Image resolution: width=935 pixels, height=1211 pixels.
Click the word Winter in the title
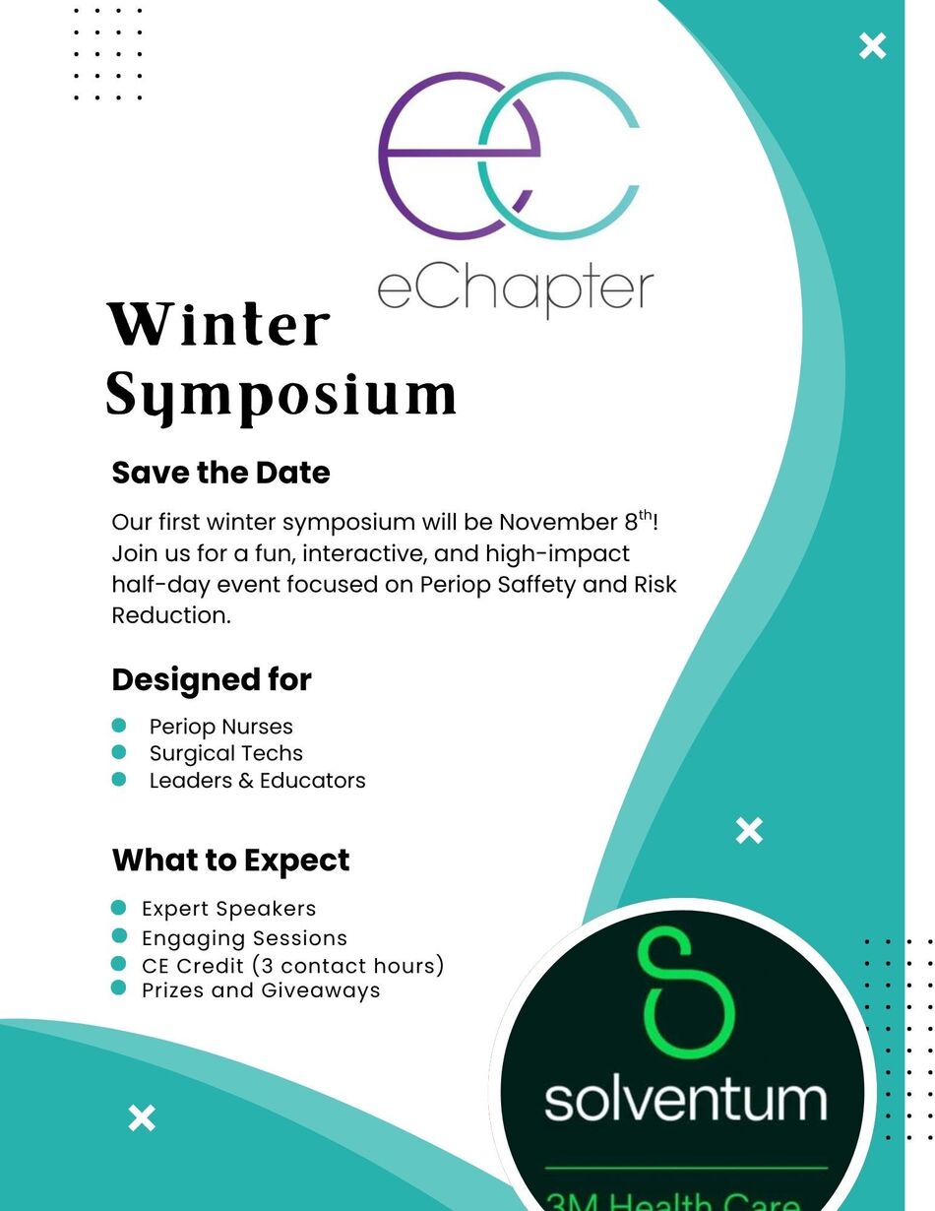click(218, 324)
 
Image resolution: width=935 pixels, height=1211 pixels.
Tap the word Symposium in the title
click(281, 396)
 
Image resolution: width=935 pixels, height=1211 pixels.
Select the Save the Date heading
click(220, 473)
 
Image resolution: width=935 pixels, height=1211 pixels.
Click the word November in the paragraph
click(559, 522)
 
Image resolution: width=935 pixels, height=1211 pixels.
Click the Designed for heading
click(212, 680)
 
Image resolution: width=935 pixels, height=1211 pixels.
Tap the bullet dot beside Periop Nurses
click(119, 726)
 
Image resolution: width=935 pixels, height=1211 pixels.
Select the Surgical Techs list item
click(226, 753)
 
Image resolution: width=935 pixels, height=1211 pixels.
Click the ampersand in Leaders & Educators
click(246, 780)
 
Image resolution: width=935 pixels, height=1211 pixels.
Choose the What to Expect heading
click(230, 860)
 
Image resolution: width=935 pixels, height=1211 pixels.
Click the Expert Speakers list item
click(229, 909)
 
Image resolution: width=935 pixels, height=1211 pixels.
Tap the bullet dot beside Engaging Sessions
click(119, 935)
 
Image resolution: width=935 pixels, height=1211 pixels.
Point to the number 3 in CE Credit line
click(268, 966)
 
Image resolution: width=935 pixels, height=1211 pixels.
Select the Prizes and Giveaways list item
click(261, 990)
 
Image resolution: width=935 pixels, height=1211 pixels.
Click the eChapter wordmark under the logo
click(516, 292)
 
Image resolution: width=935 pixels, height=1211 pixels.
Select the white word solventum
click(686, 1100)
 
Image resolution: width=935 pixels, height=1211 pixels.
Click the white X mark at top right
click(872, 46)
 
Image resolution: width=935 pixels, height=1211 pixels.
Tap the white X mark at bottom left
click(142, 1117)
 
